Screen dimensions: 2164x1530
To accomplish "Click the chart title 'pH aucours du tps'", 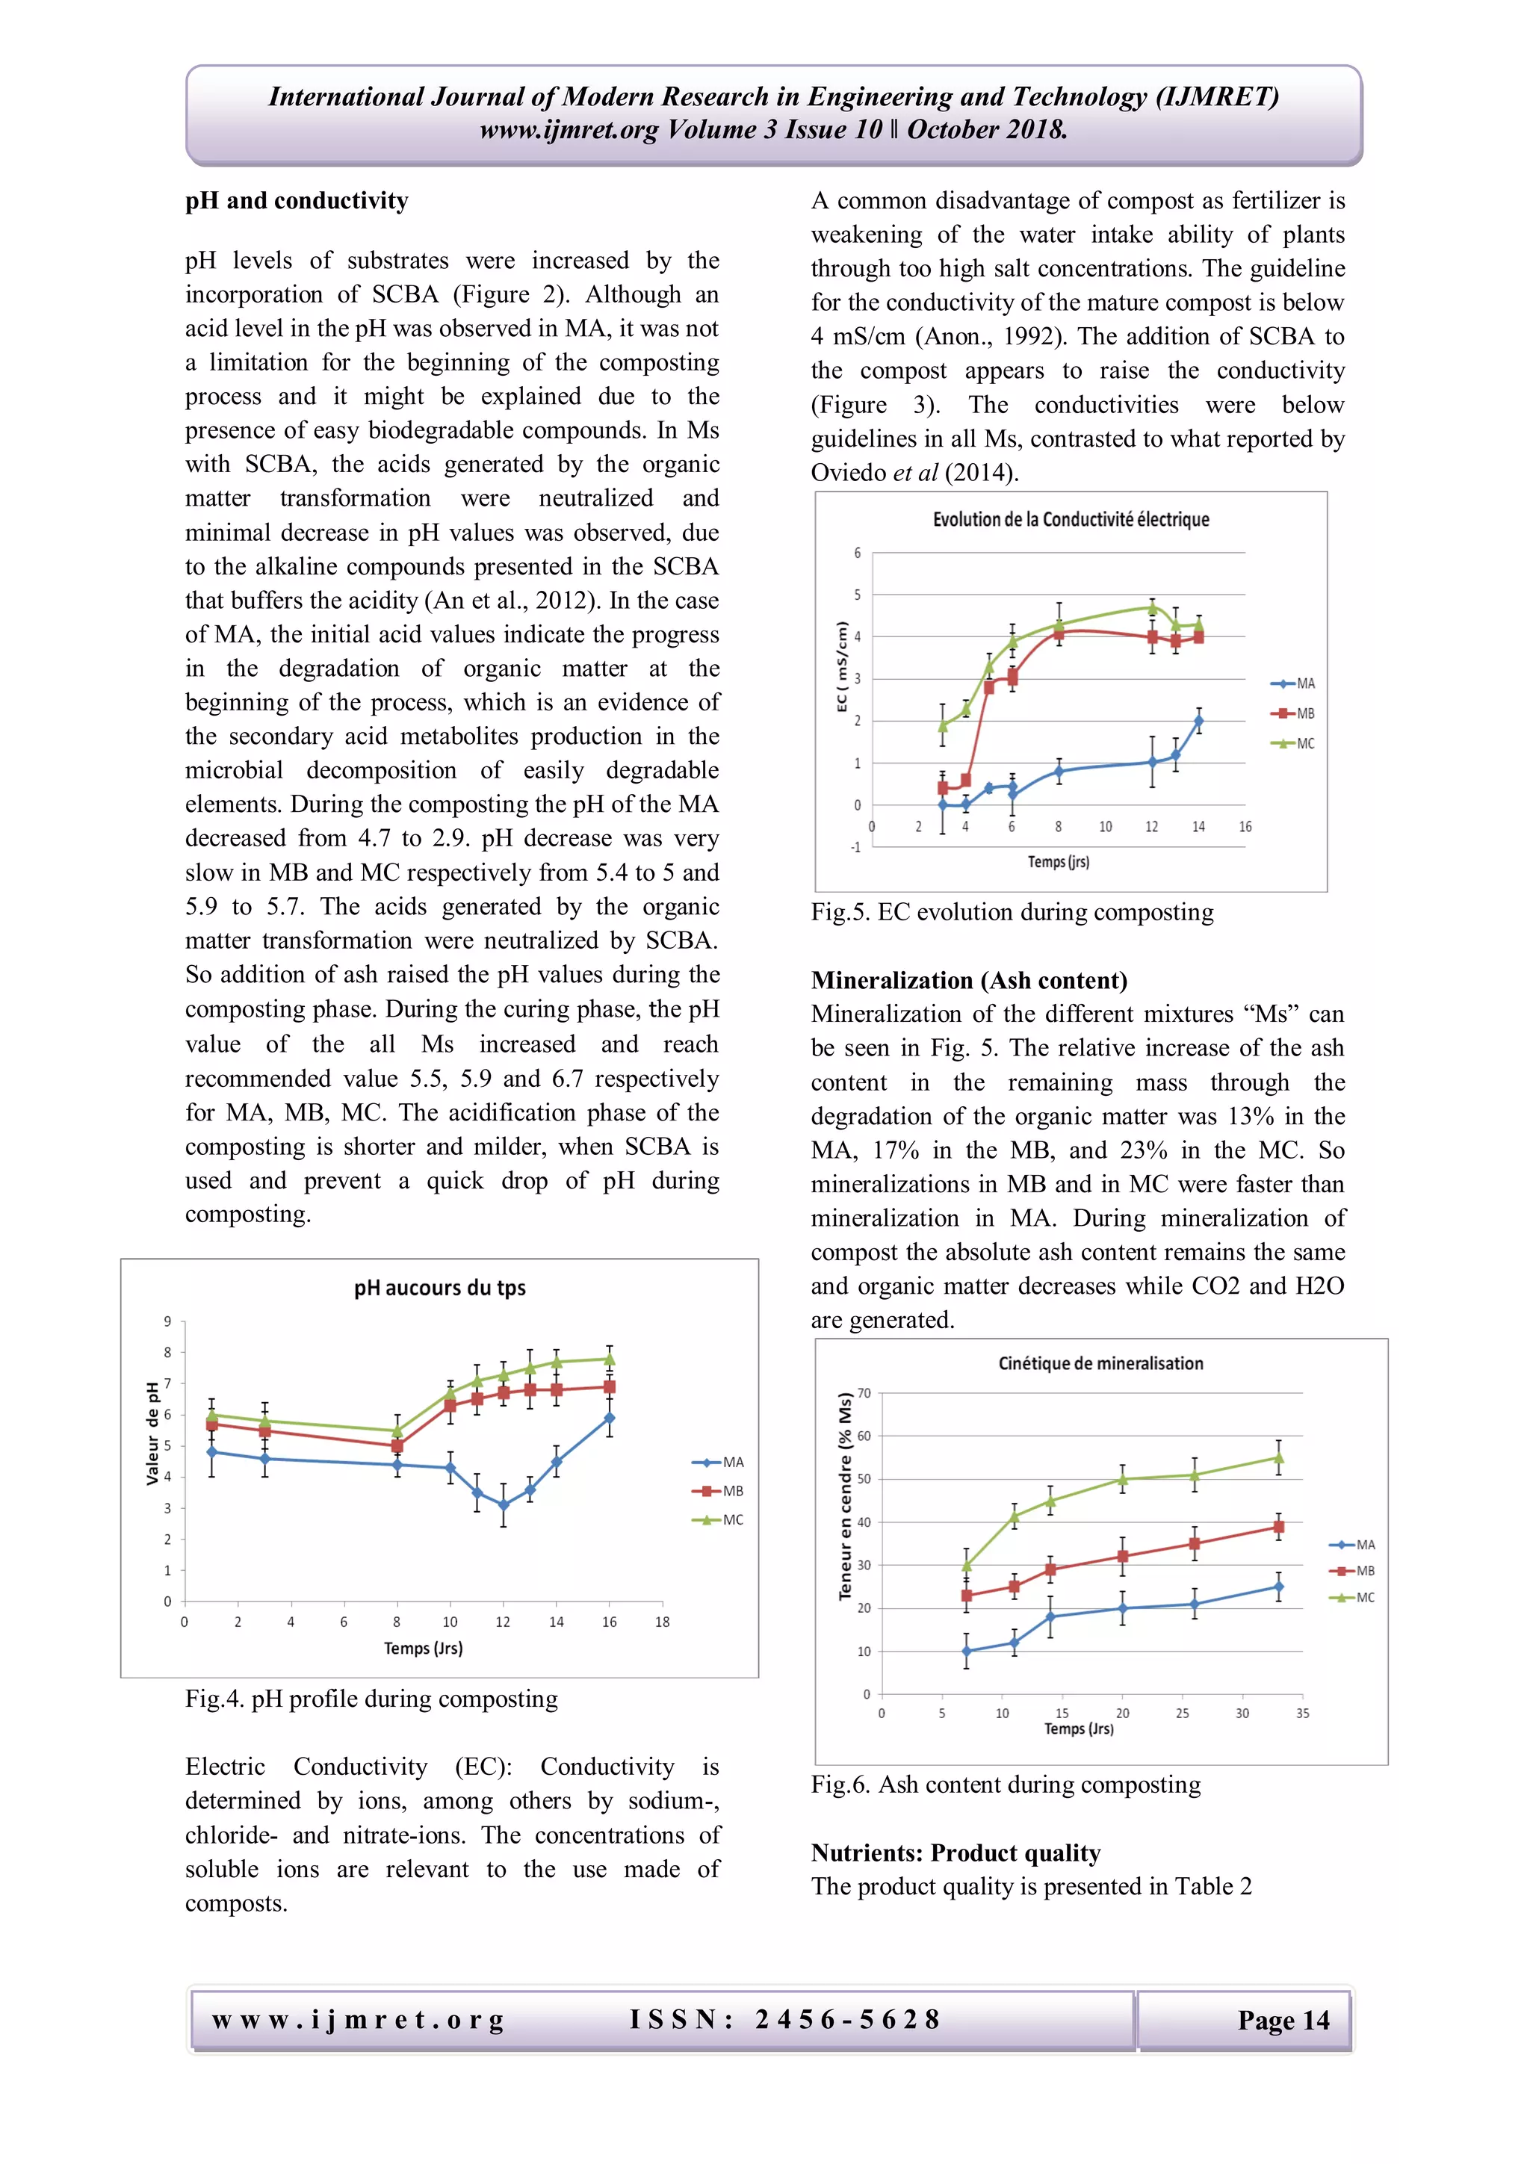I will point(439,1288).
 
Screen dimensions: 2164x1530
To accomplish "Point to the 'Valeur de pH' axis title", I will point(152,1433).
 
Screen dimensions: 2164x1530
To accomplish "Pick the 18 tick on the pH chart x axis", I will point(662,1622).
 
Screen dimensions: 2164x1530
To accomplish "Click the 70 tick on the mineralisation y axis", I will point(864,1393).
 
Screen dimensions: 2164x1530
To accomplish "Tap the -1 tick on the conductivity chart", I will point(855,847).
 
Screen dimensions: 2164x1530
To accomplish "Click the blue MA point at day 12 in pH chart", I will point(504,1505).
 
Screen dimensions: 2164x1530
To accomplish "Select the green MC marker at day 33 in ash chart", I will point(1278,1458).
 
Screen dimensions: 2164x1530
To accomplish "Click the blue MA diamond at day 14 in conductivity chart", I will point(1198,721).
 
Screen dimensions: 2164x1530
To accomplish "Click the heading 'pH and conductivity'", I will point(297,201).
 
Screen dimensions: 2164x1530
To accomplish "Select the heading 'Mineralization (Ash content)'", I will point(969,980).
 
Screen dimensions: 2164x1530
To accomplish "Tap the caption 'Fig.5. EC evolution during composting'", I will point(1012,912).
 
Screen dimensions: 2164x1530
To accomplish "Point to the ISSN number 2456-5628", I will point(846,2019).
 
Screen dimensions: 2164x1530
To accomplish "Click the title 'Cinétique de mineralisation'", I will point(1100,1363).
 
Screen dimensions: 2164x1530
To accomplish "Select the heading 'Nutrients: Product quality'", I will point(955,1853).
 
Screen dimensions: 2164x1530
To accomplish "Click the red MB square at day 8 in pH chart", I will point(397,1446).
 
